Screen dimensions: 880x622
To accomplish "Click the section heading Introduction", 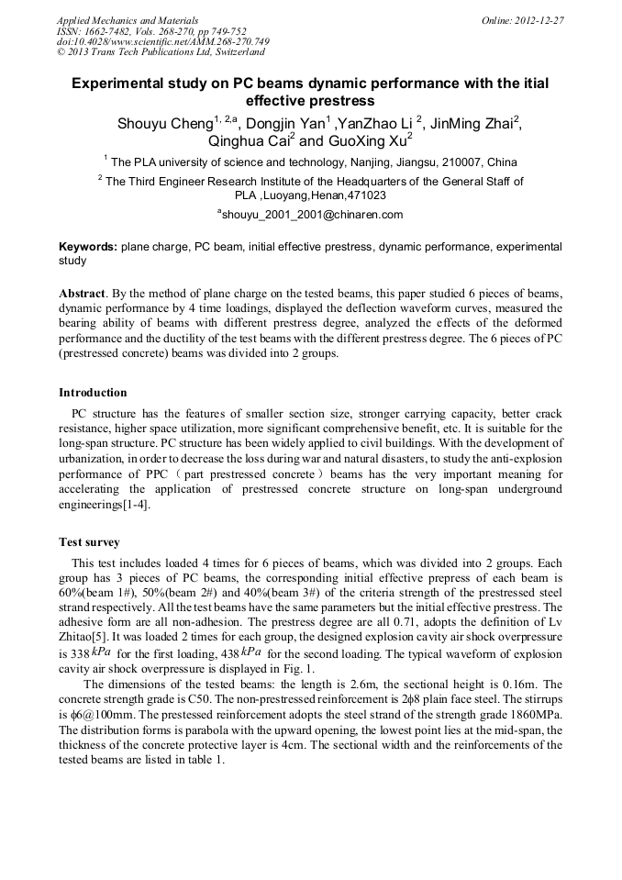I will [93, 393].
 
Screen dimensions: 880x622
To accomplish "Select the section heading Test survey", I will [89, 542].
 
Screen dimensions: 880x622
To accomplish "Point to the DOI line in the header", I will [162, 41].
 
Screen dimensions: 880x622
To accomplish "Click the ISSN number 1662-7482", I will [110, 30].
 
